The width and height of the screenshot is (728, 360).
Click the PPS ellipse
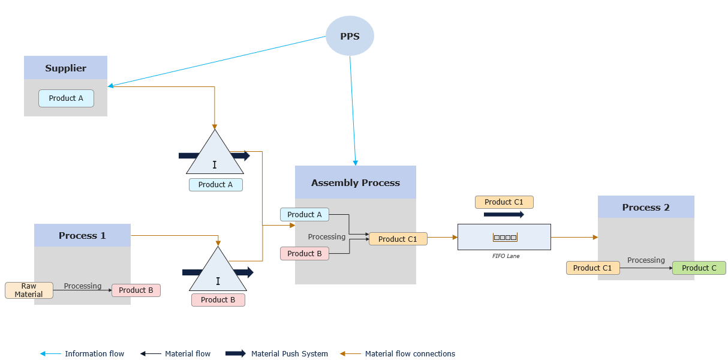pos(350,36)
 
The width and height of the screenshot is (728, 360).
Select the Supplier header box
pos(65,68)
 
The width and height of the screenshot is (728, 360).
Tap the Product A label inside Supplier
pos(66,98)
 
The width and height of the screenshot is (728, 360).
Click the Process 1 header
pos(82,235)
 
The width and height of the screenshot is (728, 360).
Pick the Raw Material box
pos(29,290)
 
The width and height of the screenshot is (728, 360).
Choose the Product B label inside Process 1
pos(136,290)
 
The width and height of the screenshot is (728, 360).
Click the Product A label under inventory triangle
pos(215,185)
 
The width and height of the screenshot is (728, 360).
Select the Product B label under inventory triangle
pos(218,300)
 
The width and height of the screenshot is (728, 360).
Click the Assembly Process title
pos(355,182)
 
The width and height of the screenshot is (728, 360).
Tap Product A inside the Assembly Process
pos(304,214)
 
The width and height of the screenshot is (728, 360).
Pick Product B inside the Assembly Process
pos(304,254)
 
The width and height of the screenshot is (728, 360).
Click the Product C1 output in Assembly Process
pos(398,239)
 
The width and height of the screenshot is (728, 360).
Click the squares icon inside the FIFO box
pos(504,238)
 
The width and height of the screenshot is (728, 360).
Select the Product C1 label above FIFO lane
pos(504,202)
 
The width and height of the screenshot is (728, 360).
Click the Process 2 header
pos(645,207)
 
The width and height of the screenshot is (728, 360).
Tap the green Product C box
pos(699,268)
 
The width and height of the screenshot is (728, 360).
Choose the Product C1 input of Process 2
pos(592,268)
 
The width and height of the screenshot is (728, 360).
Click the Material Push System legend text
pos(289,354)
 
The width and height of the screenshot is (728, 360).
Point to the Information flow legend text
pos(94,354)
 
